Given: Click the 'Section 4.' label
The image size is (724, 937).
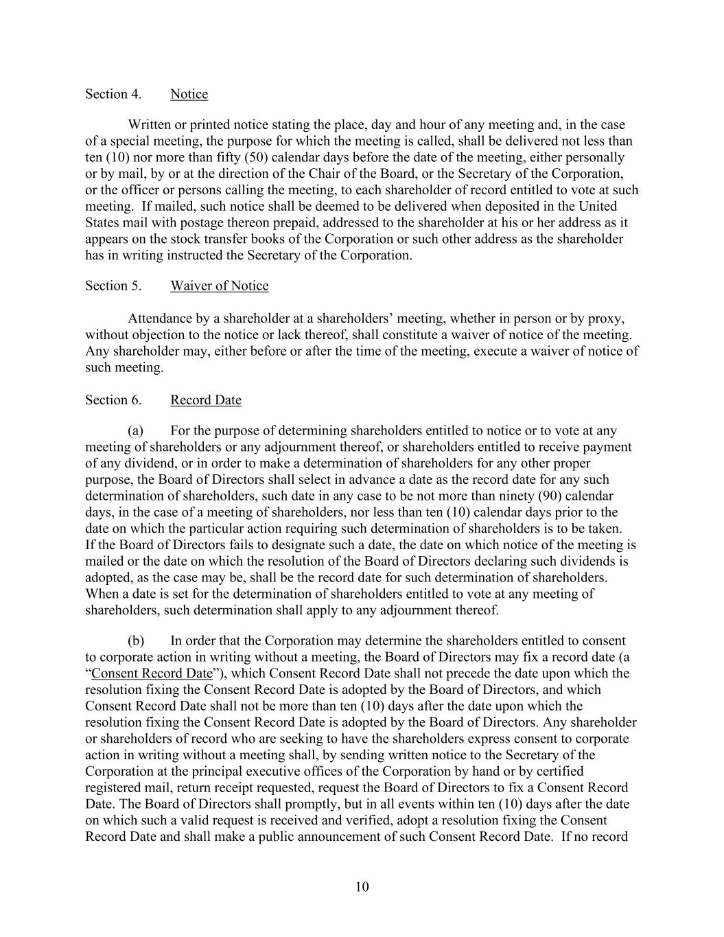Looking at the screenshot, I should coord(113,94).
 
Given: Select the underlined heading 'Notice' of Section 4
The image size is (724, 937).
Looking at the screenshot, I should coord(189,94).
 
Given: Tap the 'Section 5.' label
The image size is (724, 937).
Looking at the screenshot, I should coord(113,286).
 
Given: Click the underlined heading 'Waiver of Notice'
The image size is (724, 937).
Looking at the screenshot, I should coord(219,286).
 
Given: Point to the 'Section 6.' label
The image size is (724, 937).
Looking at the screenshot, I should coord(113,400).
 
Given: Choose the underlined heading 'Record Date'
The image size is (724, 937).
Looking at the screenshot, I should coord(205,400).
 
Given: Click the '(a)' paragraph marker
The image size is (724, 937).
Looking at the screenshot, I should coord(136,430).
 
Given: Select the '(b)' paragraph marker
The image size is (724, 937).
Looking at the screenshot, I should coord(136,640).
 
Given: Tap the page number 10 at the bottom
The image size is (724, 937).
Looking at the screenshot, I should coord(362,887).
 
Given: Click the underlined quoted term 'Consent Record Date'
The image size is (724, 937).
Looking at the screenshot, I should coord(152,673).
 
